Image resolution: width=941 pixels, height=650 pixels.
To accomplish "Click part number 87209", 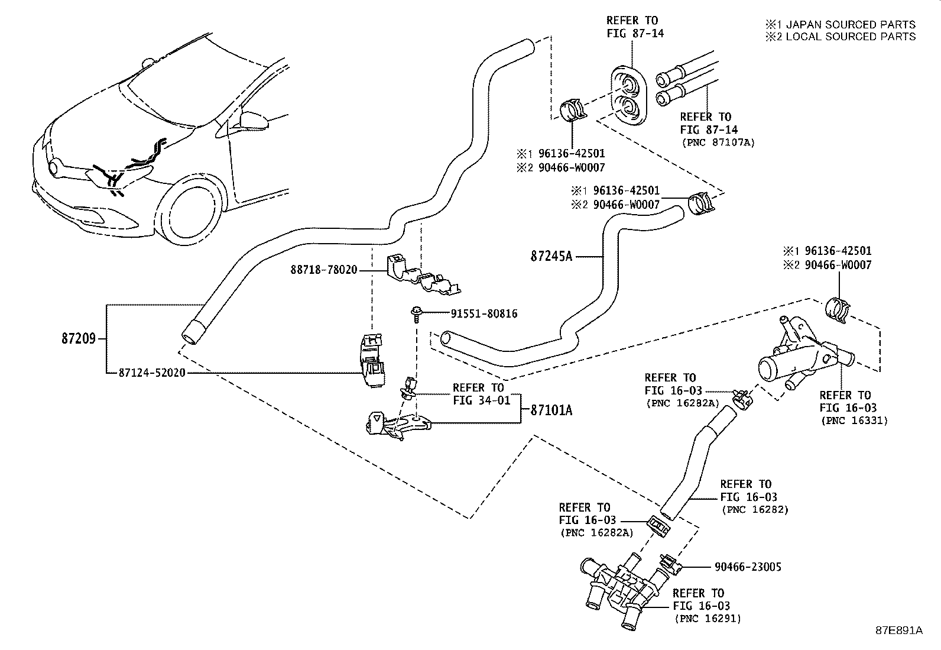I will [x=78, y=339].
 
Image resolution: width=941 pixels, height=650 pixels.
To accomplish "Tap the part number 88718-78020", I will [x=323, y=270].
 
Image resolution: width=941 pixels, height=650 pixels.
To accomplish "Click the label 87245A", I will [x=550, y=257].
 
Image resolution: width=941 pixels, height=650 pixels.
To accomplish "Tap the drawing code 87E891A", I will [x=898, y=630].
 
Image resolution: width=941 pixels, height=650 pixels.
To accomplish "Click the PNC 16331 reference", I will [x=854, y=421].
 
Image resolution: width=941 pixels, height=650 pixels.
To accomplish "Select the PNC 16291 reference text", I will [x=707, y=618].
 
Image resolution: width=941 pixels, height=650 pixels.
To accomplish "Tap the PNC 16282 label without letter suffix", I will [x=754, y=509].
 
